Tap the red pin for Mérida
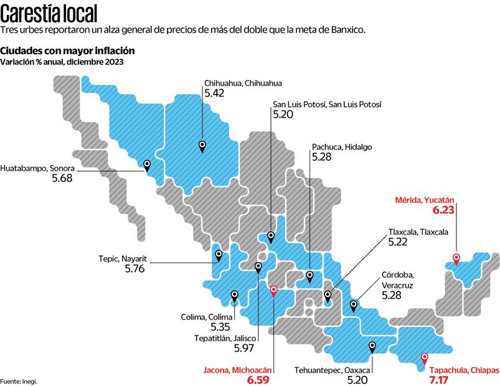pyautogui.click(x=456, y=258)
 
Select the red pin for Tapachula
pyautogui.click(x=425, y=358)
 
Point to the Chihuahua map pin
pyautogui.click(x=202, y=146)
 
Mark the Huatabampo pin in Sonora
pyautogui.click(x=147, y=165)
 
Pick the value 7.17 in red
pyautogui.click(x=441, y=379)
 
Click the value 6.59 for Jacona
pyautogui.click(x=260, y=379)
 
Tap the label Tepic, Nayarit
pyautogui.click(x=121, y=258)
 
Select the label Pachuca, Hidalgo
pyautogui.click(x=341, y=147)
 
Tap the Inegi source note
pyautogui.click(x=19, y=381)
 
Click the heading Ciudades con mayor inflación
pyautogui.click(x=68, y=50)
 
